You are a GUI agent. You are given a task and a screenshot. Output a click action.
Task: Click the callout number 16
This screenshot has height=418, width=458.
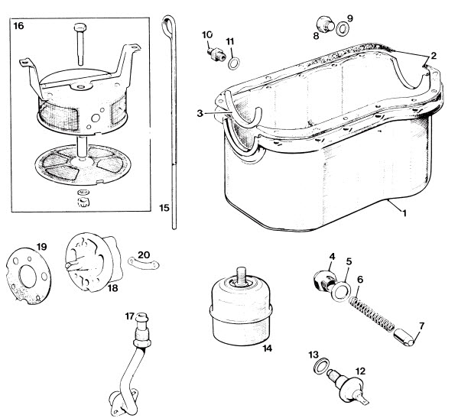click(18, 26)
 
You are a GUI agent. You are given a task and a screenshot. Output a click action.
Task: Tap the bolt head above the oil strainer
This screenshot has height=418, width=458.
click(80, 28)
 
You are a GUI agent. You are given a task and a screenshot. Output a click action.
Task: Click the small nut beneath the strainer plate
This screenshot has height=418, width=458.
click(83, 202)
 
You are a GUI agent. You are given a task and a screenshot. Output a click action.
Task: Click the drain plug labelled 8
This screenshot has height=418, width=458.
click(325, 24)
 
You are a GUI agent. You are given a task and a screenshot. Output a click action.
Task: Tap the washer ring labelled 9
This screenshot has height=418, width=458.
click(343, 29)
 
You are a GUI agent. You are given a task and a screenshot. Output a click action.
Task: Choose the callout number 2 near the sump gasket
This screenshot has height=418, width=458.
click(434, 56)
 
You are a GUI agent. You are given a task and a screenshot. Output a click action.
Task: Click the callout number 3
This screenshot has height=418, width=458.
click(200, 113)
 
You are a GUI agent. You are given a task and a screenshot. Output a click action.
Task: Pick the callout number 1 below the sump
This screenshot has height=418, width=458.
click(404, 213)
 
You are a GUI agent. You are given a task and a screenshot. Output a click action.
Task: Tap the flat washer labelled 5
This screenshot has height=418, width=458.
click(340, 291)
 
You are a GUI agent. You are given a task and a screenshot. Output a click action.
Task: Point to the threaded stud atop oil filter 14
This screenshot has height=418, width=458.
click(242, 276)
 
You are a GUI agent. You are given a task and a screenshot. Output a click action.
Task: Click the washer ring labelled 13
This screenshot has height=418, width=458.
click(322, 365)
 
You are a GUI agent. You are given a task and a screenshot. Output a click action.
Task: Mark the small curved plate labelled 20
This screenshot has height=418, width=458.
click(144, 264)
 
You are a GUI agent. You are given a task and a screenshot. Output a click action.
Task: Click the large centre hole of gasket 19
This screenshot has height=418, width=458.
click(28, 276)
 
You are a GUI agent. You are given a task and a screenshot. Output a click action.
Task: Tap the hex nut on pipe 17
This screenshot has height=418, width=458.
click(142, 342)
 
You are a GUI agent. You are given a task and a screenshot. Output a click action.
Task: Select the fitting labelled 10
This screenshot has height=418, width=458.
click(216, 54)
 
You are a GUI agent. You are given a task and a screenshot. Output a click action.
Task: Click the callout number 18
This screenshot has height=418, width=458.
click(112, 288)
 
